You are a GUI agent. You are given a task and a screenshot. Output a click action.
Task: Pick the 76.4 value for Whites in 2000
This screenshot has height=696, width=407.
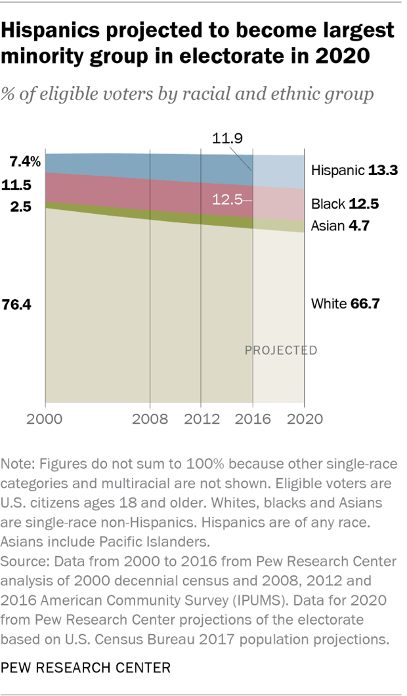22,304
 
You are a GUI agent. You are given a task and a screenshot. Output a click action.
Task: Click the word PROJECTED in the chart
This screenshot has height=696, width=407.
281,350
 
